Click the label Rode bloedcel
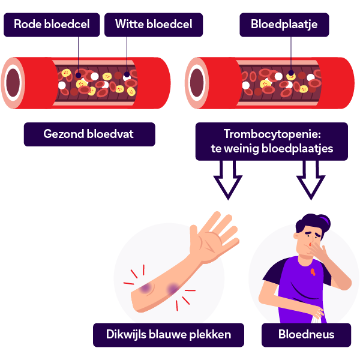coord(51,25)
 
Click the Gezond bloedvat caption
coord(89,134)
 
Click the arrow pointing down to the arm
coord(228,182)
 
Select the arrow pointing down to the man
coord(311,182)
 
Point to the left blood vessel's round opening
coord(13,83)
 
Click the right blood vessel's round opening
coord(196,83)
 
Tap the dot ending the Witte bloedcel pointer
coord(127,76)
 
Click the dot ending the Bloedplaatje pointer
coord(292,76)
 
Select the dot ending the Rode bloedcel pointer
coord(79,76)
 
